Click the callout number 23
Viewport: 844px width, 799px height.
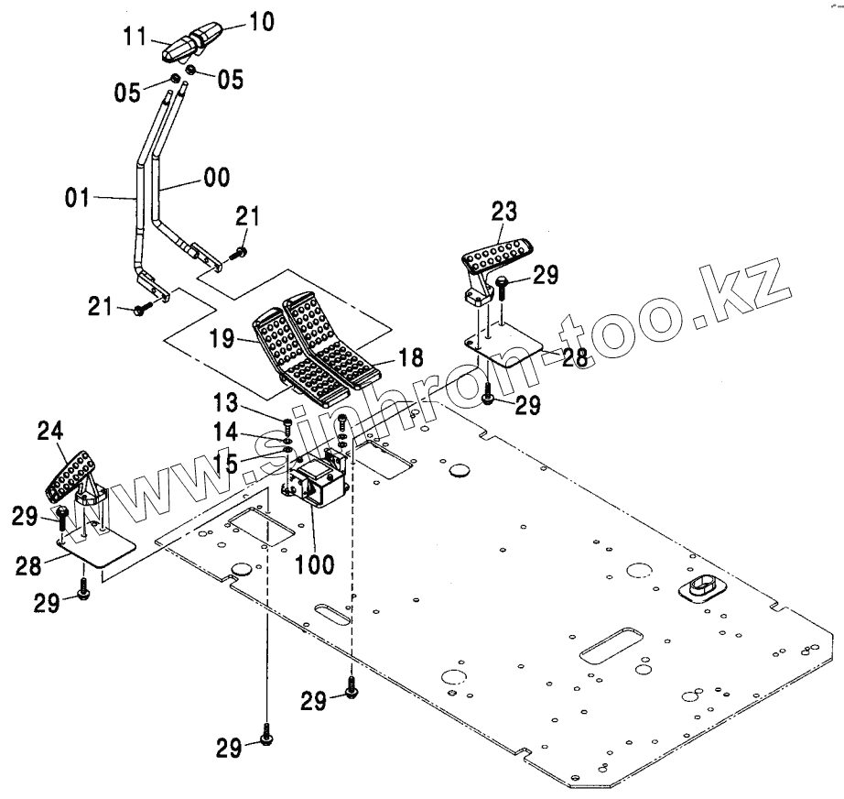click(x=503, y=212)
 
